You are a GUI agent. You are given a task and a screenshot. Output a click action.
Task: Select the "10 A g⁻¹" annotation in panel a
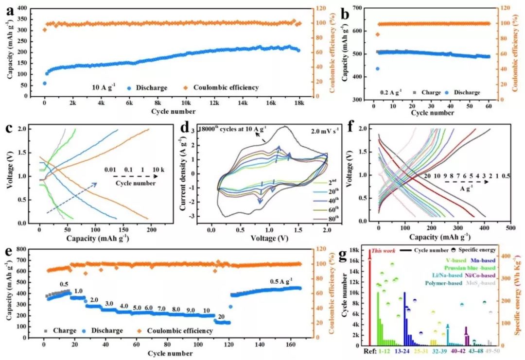(x=104, y=88)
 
